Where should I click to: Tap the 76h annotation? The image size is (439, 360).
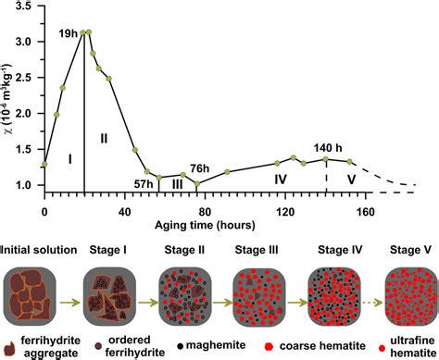tap(199, 168)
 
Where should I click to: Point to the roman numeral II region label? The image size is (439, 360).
tap(104, 138)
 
